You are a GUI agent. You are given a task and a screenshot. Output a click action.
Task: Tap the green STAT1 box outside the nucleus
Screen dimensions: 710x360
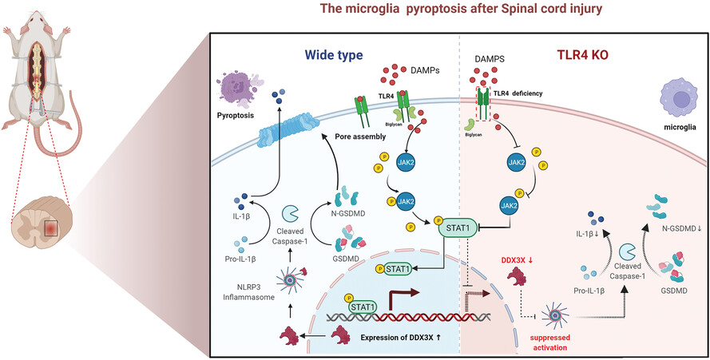point(457,225)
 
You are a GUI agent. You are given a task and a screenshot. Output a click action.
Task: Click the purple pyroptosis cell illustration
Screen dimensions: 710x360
point(240,86)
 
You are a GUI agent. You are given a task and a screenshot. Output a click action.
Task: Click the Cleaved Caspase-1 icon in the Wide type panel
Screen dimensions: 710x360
point(289,213)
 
